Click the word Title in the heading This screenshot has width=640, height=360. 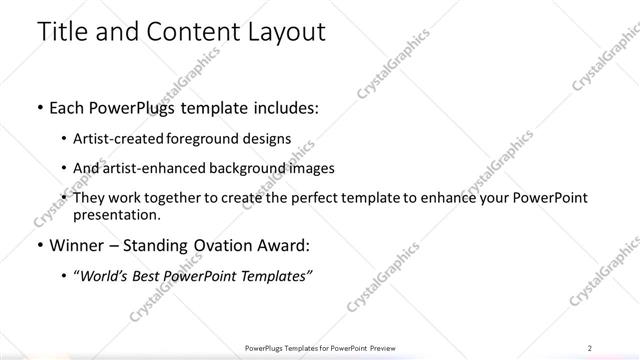tap(61, 31)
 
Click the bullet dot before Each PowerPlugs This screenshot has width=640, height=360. tap(39, 107)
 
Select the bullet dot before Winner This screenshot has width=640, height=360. tap(39, 244)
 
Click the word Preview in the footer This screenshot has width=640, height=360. tap(381, 347)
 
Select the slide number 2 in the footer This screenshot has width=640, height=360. tap(590, 347)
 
